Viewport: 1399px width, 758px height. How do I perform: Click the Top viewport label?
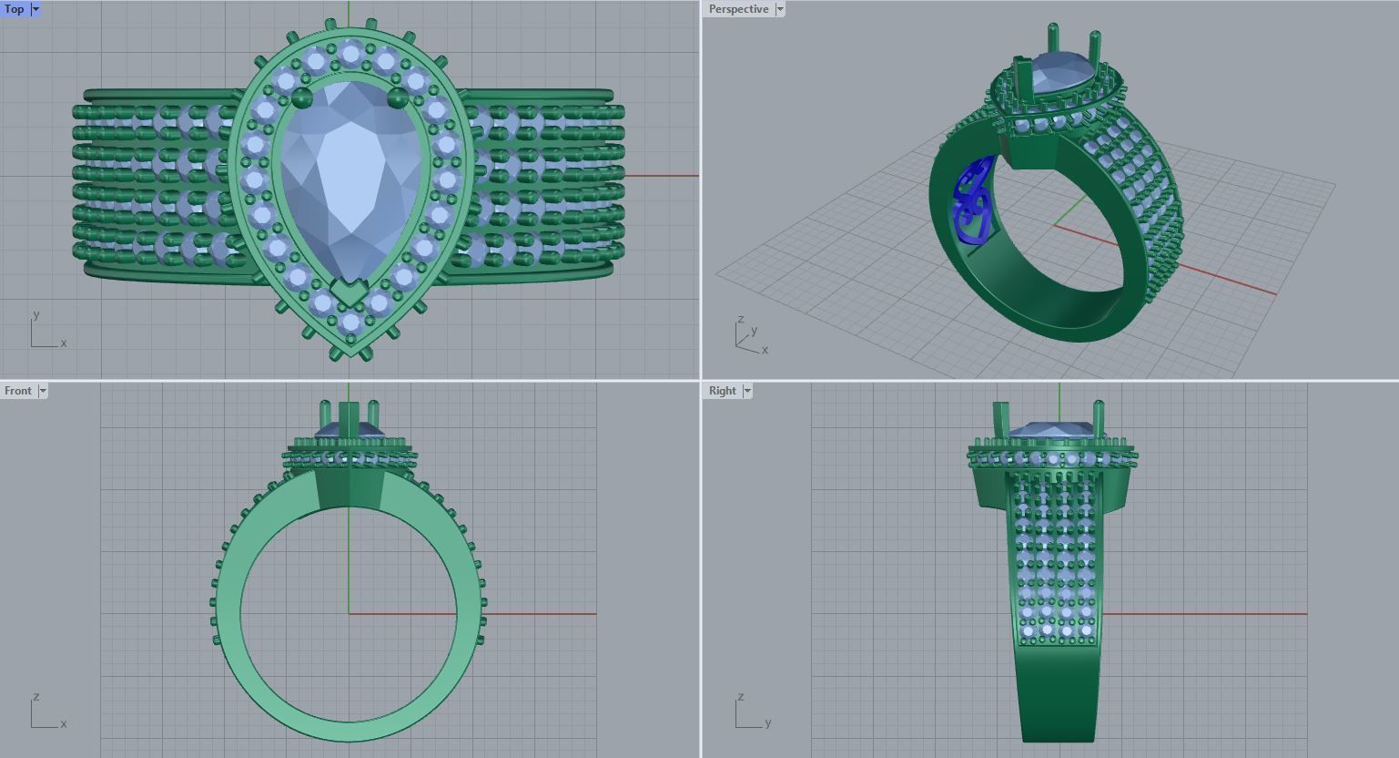[15, 9]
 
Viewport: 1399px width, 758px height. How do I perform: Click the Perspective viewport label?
[738, 9]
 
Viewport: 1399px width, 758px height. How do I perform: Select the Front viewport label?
[17, 391]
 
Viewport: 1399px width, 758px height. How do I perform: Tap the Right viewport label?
[722, 391]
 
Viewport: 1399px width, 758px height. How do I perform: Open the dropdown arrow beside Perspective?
[780, 9]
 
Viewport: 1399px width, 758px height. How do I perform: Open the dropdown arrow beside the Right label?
[747, 391]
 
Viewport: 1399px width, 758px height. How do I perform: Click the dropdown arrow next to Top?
[35, 9]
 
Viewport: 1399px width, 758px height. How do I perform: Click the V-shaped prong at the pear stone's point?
[350, 293]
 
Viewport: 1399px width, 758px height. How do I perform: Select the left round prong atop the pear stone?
[303, 97]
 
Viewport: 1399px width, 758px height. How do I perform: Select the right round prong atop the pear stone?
[398, 97]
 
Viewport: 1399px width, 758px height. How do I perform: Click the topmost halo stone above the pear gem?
[350, 53]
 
